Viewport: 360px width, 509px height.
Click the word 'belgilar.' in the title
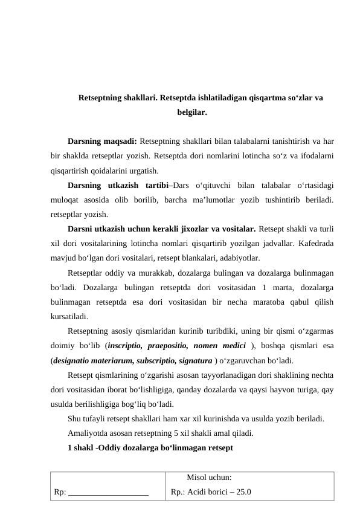(192, 112)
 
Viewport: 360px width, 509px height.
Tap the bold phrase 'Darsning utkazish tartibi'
(118, 185)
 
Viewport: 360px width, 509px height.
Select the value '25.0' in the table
(245, 491)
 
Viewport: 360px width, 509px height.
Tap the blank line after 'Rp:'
(109, 492)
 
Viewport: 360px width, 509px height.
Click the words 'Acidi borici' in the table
(209, 491)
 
